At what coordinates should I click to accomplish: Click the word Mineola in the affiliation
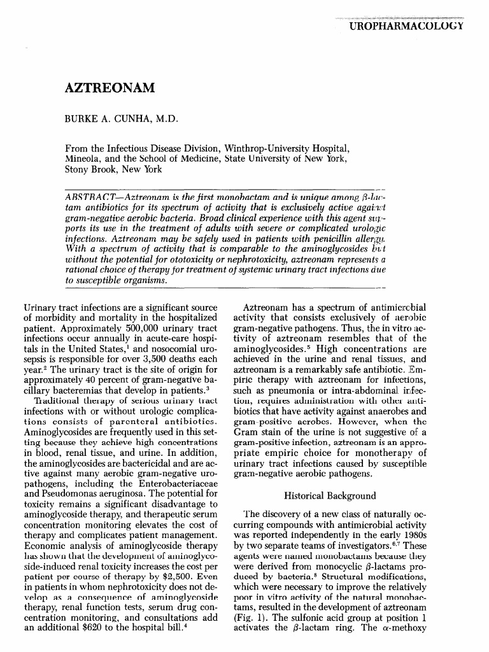click(x=84, y=159)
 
